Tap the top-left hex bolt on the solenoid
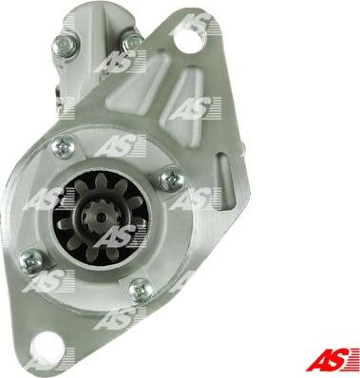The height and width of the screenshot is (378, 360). click(66, 46)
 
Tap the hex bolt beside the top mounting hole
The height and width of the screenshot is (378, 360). click(132, 40)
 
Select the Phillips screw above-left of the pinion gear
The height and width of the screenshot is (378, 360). click(64, 146)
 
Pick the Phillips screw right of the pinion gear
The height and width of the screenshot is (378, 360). click(172, 180)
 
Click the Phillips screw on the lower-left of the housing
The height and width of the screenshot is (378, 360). click(31, 261)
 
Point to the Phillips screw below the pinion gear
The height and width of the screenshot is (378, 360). click(141, 290)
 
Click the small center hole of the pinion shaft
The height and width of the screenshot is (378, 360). click(101, 217)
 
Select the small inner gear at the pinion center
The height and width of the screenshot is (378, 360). click(100, 217)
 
